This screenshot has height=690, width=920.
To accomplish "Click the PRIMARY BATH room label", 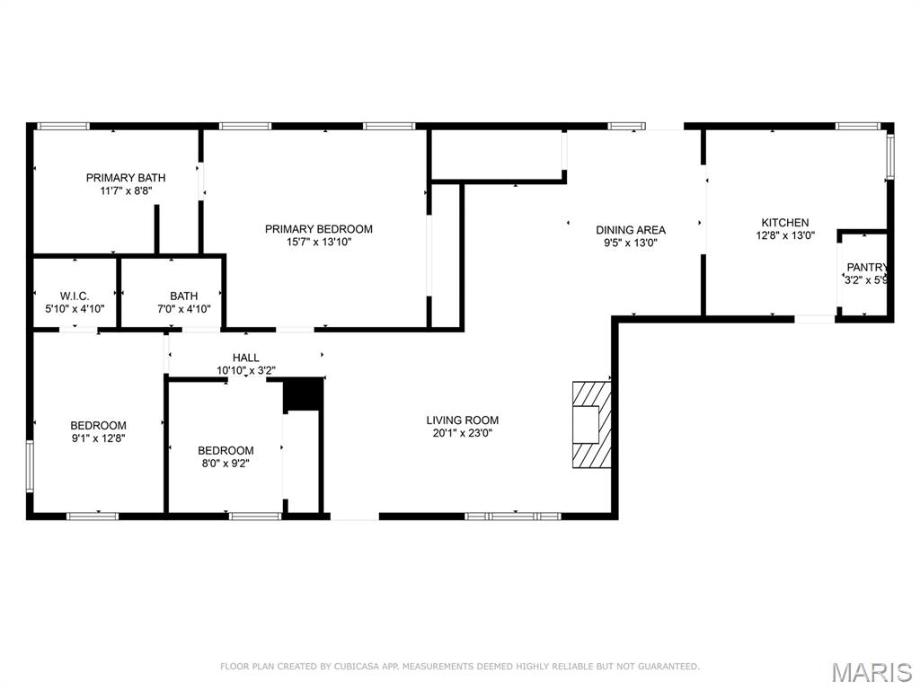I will coord(126,178).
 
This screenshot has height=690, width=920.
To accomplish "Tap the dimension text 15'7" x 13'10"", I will coord(318,242).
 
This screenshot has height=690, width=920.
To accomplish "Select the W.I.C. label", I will coord(74,296).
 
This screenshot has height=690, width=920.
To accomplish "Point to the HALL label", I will coord(245,358).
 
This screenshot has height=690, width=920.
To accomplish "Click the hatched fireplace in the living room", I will coord(591,424).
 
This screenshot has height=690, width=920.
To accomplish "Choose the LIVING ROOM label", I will coord(462,420).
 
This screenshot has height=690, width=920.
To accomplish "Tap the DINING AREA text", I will coord(631,229).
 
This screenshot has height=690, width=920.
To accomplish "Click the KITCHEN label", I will coord(784,223).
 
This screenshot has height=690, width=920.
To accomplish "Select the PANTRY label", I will coord(867,267).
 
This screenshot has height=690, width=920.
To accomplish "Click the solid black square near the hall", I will coord(303,394).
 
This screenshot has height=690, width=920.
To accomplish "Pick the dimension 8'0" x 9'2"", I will coord(226,464).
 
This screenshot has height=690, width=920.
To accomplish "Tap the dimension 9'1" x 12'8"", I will coord(98,438).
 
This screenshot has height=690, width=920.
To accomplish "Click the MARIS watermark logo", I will coord(871,672).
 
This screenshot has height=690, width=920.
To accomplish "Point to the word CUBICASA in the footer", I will coord(357,667).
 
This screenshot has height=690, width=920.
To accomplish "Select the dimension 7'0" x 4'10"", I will coord(183,309).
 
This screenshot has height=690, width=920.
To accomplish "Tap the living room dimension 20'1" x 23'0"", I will coord(462,432).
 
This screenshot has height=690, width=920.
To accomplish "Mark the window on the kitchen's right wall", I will coord(890,155).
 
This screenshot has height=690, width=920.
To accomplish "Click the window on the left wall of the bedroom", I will coord(30,465).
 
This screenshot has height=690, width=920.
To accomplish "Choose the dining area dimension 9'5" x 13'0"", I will coord(631,242).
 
